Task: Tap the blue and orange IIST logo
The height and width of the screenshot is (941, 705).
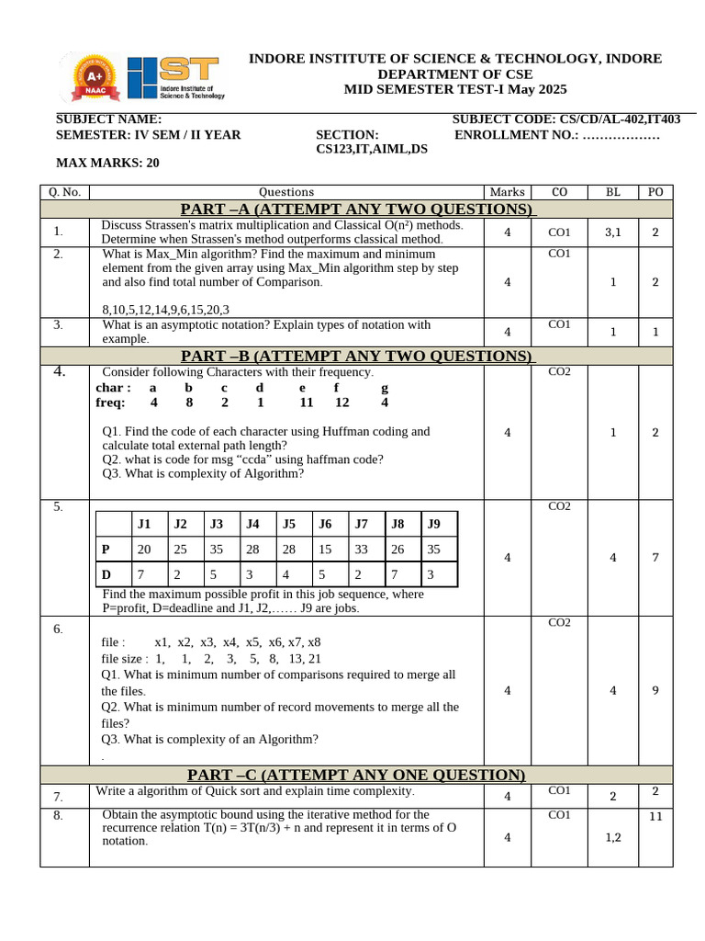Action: [174, 77]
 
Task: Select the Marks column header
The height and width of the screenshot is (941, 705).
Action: [508, 192]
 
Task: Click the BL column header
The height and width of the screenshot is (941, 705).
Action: [613, 192]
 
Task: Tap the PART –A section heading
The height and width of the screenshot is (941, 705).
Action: [356, 210]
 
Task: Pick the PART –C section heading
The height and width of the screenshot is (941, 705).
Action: [356, 776]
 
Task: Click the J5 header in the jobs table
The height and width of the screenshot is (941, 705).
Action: [289, 525]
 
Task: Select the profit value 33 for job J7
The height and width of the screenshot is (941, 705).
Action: [361, 550]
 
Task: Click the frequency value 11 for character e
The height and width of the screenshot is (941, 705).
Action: [307, 402]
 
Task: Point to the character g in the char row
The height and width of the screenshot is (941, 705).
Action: [385, 388]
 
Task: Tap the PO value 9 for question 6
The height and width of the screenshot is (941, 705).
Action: [655, 691]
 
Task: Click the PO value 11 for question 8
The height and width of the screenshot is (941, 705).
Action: [655, 816]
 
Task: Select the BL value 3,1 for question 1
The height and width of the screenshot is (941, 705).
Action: [613, 233]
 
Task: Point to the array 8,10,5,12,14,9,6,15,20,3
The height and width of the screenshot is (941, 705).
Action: [166, 310]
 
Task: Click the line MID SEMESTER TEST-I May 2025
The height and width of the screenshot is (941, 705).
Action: [455, 89]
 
